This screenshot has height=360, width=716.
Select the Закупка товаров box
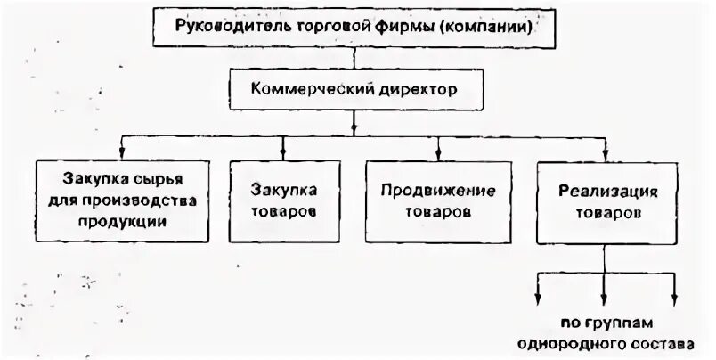[283, 202]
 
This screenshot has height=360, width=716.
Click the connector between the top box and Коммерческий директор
[355, 59]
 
